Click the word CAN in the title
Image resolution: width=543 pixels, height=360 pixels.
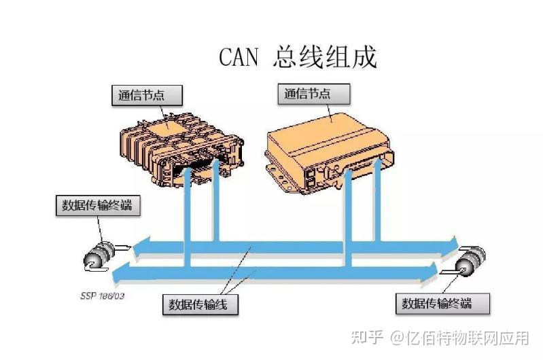[x=239, y=57]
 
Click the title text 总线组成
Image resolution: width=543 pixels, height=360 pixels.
[x=326, y=57]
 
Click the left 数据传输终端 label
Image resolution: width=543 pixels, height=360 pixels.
[x=97, y=204]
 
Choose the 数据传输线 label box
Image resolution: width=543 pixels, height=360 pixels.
[x=203, y=304]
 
